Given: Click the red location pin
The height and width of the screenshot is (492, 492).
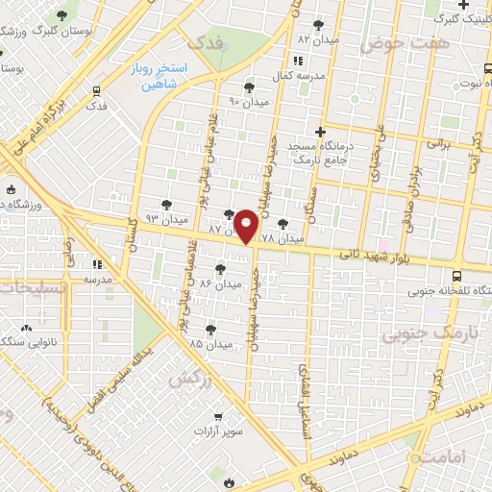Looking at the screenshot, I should (247, 227).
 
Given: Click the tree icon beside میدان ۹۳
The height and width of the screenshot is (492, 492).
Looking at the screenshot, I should (168, 205).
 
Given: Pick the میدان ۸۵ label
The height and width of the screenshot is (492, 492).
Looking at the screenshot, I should (210, 343).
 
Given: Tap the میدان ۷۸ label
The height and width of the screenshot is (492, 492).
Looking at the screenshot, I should (282, 236).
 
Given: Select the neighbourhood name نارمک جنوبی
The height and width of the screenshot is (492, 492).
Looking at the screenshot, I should (419, 333).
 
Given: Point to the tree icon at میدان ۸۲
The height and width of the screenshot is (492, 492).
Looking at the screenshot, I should (318, 26).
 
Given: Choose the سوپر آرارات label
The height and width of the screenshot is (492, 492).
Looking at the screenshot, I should (220, 433).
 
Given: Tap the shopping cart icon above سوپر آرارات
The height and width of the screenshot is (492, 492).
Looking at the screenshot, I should (220, 417).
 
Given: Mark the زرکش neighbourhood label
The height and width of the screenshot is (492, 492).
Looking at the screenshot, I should (189, 379).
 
